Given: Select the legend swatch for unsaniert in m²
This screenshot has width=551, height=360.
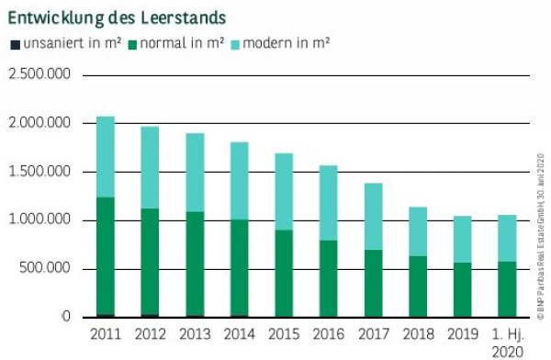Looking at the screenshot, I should point(13,43).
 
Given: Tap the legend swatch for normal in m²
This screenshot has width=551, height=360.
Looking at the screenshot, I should point(132,43).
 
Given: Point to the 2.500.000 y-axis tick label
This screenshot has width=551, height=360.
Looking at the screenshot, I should point(39,74).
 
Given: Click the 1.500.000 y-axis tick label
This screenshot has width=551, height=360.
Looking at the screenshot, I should point(39,172).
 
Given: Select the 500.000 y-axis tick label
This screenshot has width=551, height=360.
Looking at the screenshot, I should point(46,268).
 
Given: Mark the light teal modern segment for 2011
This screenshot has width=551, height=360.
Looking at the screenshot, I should point(105,157).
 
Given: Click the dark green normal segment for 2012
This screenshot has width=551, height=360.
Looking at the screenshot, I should point(150,216).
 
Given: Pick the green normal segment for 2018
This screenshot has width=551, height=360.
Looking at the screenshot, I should point(418,286).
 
